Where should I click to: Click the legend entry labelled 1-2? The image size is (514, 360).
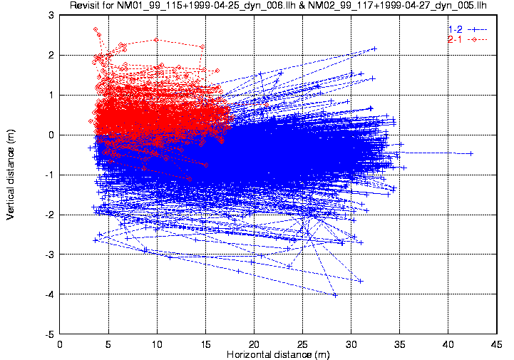[x=455, y=29]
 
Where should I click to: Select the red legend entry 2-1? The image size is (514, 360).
[x=455, y=39]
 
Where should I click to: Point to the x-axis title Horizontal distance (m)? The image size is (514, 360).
[x=278, y=354]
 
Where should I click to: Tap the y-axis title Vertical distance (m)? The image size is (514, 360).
[x=11, y=175]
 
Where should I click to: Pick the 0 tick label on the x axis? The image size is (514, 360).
[x=60, y=344]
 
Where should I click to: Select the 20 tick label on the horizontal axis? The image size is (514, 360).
[x=254, y=344]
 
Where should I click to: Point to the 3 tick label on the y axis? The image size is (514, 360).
[x=51, y=15]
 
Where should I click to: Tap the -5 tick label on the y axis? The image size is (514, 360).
[x=48, y=334]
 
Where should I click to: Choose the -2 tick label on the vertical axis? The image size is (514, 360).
[x=48, y=215]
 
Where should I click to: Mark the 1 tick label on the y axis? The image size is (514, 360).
[x=51, y=95]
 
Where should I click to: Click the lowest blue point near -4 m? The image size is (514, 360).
[x=335, y=294]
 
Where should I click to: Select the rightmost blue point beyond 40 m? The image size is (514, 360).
[x=471, y=153]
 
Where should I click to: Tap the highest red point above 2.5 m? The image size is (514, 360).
[x=96, y=29]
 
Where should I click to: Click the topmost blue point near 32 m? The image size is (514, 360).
[x=374, y=48]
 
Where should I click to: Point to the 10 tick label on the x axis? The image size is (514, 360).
[x=157, y=344]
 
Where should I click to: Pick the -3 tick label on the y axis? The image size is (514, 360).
[x=48, y=254]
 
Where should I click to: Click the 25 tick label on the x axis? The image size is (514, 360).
[x=302, y=344]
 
